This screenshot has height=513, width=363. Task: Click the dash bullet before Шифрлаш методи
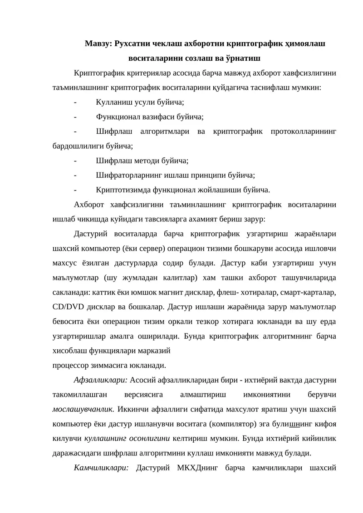pyautogui.click(x=75, y=161)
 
